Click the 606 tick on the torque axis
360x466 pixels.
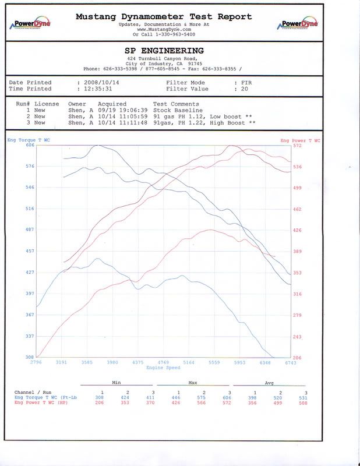coord(30,145)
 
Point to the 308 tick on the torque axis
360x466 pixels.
coord(30,356)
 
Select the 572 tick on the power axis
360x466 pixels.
coord(298,145)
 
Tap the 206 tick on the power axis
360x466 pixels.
coord(298,356)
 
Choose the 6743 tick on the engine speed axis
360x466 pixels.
coord(290,363)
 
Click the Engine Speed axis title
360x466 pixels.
coord(164,368)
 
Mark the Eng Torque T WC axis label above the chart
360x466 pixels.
coord(23,140)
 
